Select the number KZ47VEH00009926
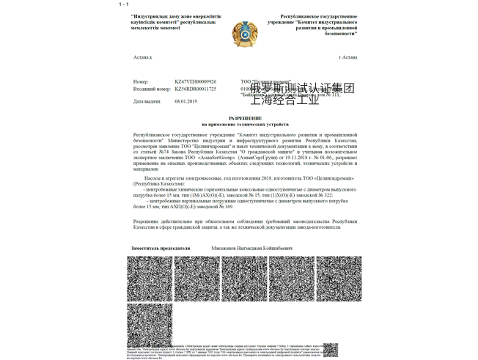195,81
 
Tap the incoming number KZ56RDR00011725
195,89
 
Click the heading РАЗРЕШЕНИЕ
245,118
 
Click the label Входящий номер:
151,89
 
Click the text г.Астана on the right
348,57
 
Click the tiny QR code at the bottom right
331,350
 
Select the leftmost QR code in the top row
150,279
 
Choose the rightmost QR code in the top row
339,279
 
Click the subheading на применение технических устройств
245,125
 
